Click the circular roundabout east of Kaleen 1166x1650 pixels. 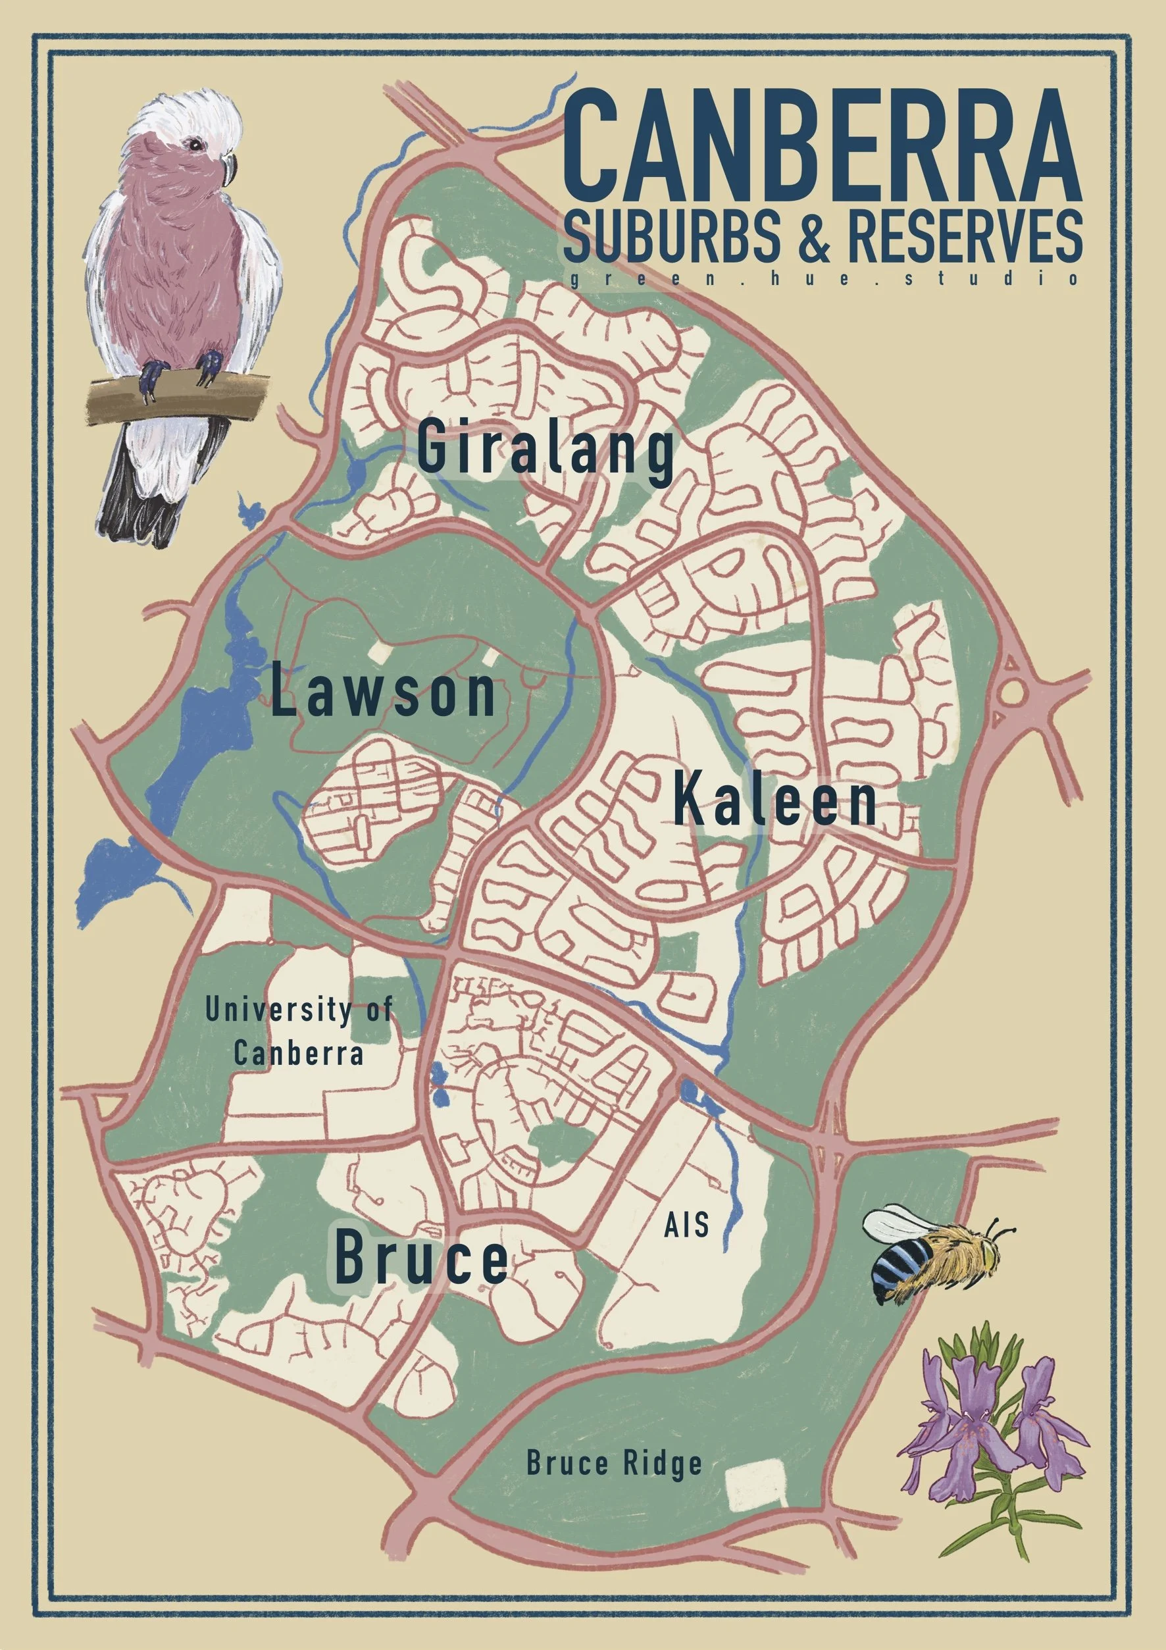pos(1012,692)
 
